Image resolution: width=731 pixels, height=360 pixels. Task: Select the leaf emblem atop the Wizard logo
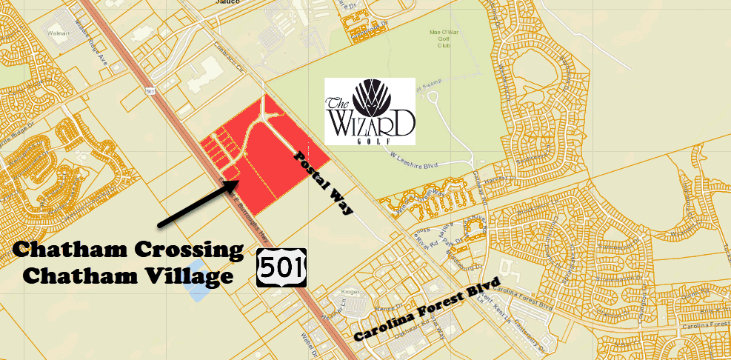(370, 96)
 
